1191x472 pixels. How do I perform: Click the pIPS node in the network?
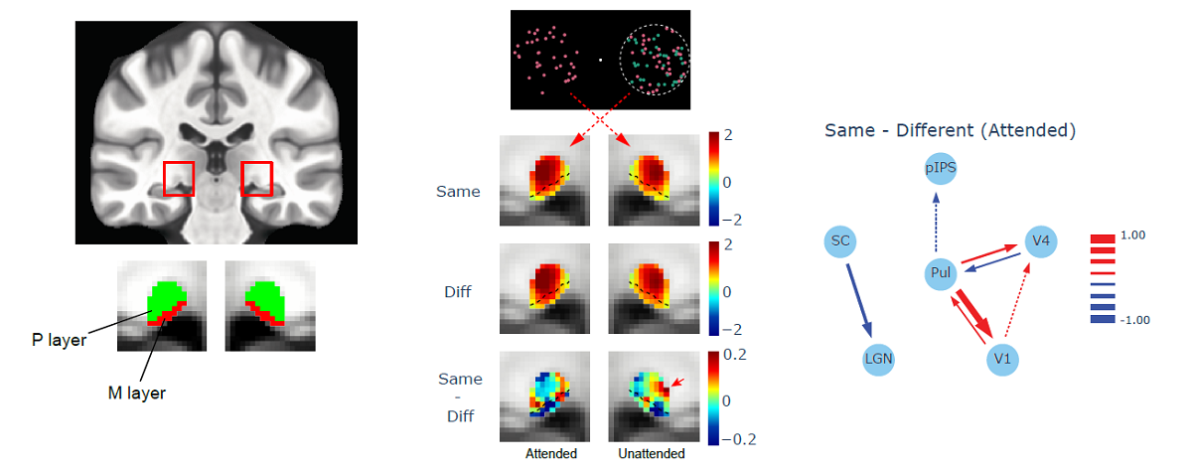click(940, 168)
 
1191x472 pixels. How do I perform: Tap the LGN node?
click(877, 358)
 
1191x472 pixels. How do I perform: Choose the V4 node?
click(1040, 239)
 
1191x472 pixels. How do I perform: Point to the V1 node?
click(1004, 358)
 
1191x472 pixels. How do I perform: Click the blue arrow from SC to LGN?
click(860, 299)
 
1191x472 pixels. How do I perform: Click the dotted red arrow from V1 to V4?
click(1023, 297)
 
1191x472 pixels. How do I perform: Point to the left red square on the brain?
click(179, 177)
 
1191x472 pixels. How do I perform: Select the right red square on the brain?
click(256, 177)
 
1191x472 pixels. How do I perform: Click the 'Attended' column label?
click(550, 454)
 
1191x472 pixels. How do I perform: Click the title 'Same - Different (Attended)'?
click(950, 130)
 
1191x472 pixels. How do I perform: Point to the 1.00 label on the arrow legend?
click(1134, 236)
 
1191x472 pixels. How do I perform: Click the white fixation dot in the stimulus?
click(601, 60)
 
